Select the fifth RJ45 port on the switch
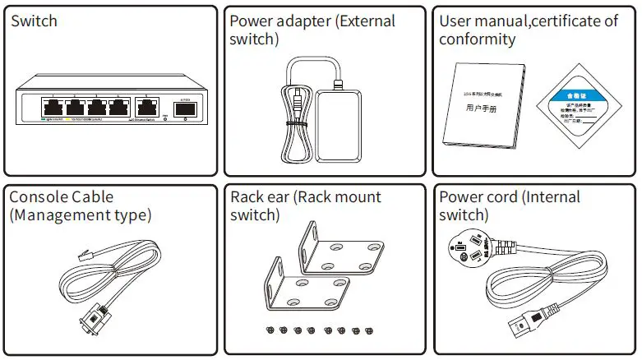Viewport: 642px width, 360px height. click(x=148, y=106)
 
